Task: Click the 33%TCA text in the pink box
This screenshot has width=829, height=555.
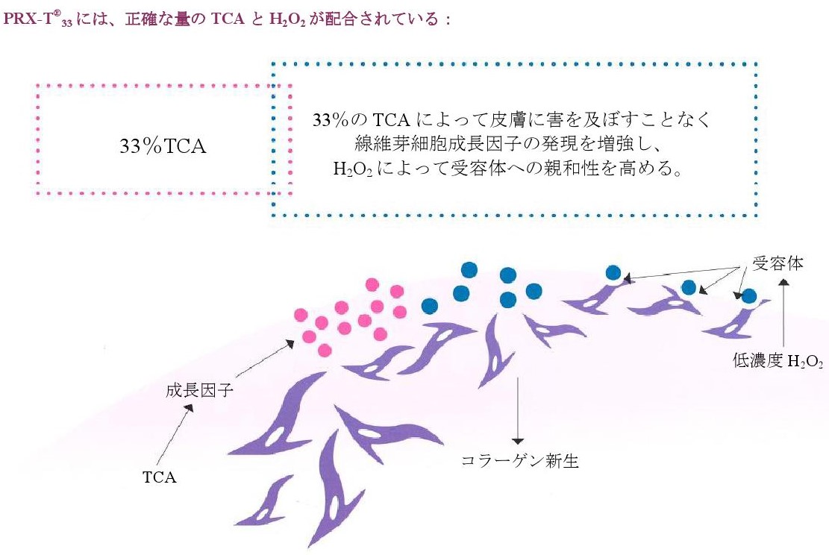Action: coord(163,146)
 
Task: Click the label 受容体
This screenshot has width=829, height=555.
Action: coord(778,263)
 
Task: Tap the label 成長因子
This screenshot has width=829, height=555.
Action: coord(199,391)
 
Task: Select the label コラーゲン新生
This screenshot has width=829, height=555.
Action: coord(520,460)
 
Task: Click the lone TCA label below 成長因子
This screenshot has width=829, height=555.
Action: coord(159,477)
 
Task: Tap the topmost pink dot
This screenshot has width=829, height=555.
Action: coord(372,285)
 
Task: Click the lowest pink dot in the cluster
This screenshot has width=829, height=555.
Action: coord(325,351)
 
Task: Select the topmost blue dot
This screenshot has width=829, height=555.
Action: coord(469,269)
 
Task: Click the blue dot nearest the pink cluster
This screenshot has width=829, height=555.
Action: coord(430,306)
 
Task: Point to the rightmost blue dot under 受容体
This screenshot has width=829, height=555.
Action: coord(748,296)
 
